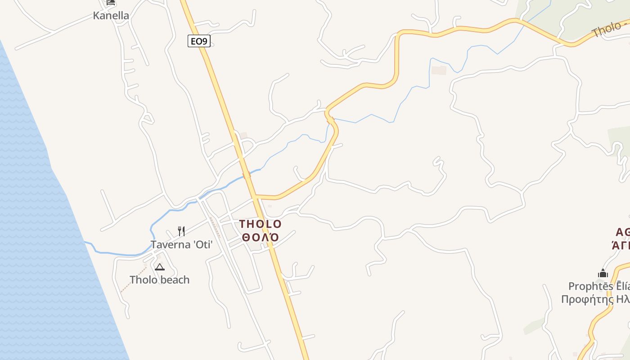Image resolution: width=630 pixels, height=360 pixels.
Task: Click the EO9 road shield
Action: point(199,41)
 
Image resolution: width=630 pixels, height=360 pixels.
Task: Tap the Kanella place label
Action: point(111,15)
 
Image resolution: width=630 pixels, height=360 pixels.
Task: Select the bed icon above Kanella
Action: point(111,2)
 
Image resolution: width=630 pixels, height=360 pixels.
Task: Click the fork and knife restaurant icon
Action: point(181,231)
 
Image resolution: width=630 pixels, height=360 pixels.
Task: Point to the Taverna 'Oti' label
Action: point(181,245)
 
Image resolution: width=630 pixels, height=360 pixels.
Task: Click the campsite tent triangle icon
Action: point(159,267)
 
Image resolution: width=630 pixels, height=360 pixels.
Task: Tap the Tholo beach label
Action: point(159,280)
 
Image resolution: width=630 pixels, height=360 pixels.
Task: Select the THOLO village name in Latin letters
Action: point(260,224)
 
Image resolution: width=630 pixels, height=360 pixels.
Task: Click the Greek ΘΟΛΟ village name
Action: point(260,237)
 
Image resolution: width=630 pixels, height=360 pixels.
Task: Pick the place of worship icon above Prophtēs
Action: point(603,273)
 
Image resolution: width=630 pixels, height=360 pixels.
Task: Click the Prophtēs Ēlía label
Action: point(598,286)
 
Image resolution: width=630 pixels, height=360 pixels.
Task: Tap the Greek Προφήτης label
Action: point(595,299)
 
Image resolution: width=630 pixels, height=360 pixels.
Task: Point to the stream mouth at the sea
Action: point(86,243)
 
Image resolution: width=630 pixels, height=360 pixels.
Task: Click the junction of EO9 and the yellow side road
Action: point(255,197)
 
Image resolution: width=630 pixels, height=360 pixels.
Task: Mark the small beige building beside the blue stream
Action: point(439,70)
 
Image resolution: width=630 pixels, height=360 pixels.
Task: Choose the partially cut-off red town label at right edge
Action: point(622,238)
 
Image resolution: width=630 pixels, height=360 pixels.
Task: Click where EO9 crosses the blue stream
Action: point(247,175)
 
